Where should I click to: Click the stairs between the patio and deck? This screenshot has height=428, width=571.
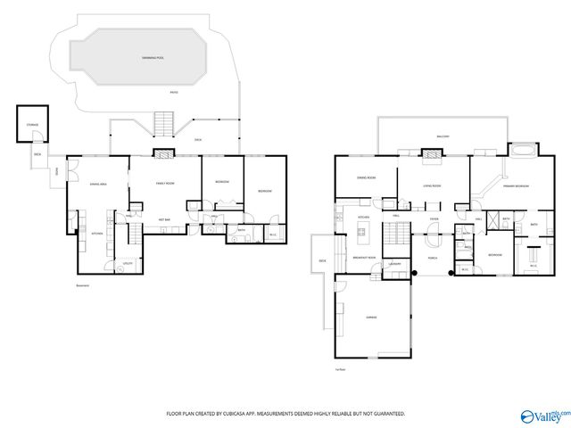coord(163,123)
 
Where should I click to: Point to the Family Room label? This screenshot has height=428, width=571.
coord(165,183)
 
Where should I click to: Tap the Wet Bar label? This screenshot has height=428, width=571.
coord(164,219)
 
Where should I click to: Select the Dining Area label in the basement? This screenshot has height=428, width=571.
coord(100,183)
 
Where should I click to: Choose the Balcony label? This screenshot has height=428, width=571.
coord(443,136)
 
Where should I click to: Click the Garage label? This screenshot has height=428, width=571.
coord(370,317)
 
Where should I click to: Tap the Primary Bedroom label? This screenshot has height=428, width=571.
coord(516,186)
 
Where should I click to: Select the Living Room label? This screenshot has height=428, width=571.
coord(433,186)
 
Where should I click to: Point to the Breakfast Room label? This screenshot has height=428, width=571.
coord(364,257)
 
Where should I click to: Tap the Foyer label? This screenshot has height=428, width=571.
coord(434,218)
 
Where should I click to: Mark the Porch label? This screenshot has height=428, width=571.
coord(433,259)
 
